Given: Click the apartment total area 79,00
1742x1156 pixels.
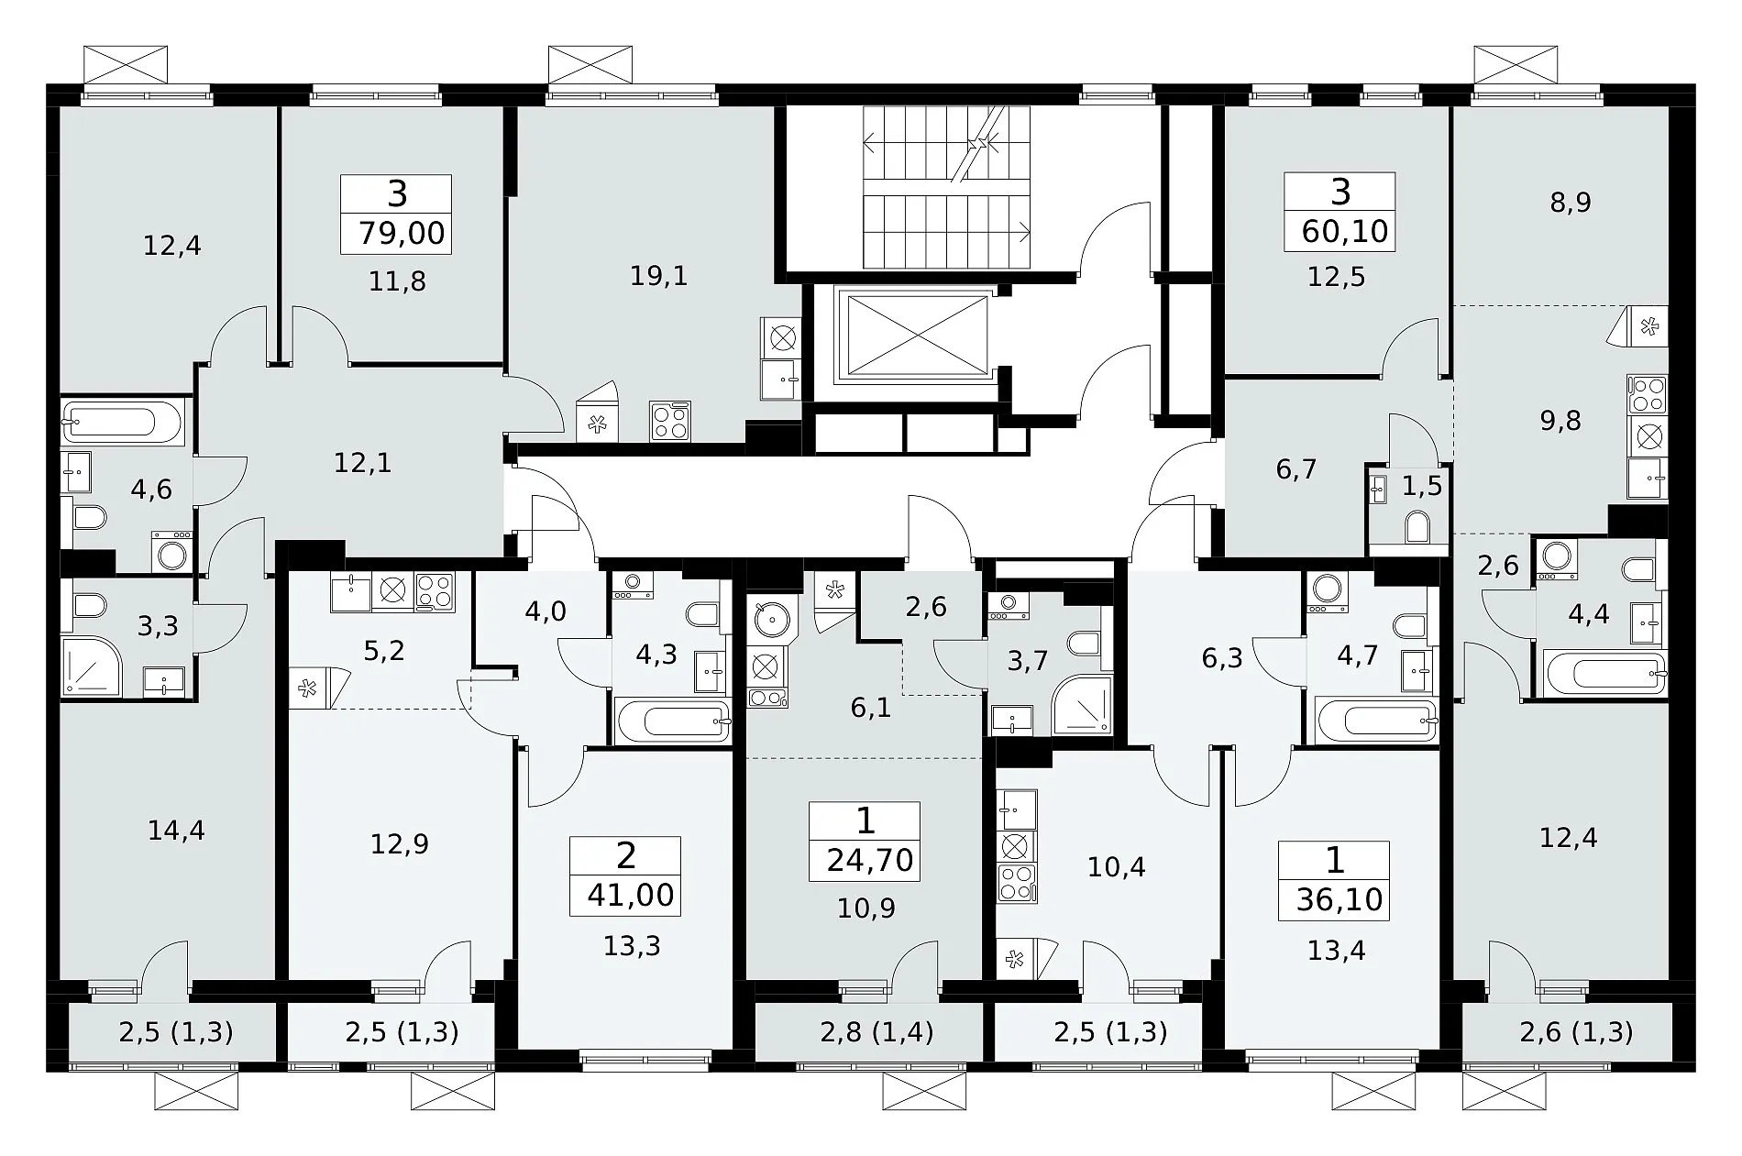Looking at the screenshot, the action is pyautogui.click(x=402, y=233).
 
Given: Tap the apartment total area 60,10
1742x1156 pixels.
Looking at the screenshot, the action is pyautogui.click(x=1345, y=231).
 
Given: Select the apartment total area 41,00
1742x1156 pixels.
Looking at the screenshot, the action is pyautogui.click(x=631, y=895).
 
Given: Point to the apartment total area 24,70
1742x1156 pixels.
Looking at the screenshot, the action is pyautogui.click(x=870, y=861).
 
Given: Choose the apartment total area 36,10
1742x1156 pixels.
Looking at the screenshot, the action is pyautogui.click(x=1340, y=899).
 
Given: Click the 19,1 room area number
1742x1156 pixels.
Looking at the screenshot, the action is pyautogui.click(x=659, y=276).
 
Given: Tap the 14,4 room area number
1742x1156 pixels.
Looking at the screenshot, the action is pyautogui.click(x=176, y=831).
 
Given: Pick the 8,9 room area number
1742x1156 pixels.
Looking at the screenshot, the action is pyautogui.click(x=1571, y=203).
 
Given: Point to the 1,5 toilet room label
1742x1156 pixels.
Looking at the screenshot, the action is pyautogui.click(x=1422, y=487).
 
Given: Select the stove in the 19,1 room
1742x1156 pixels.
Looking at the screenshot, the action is pyautogui.click(x=669, y=422).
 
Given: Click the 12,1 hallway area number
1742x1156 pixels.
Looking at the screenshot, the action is pyautogui.click(x=362, y=464).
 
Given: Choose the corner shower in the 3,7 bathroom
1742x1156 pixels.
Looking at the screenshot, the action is pyautogui.click(x=1082, y=705).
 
